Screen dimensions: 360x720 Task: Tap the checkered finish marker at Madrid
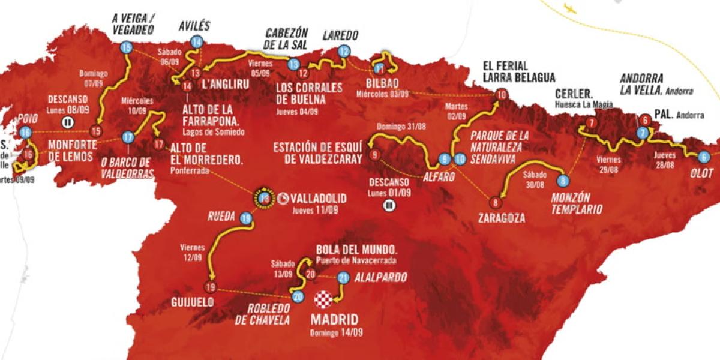click(x=323, y=298)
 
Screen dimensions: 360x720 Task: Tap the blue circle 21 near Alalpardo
click(x=343, y=277)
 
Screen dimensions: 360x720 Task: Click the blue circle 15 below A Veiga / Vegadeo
click(x=126, y=48)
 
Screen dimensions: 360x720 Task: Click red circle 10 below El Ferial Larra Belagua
click(x=502, y=94)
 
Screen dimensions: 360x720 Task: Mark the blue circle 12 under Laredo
click(x=344, y=52)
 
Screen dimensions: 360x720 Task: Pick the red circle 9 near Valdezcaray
click(x=376, y=155)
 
